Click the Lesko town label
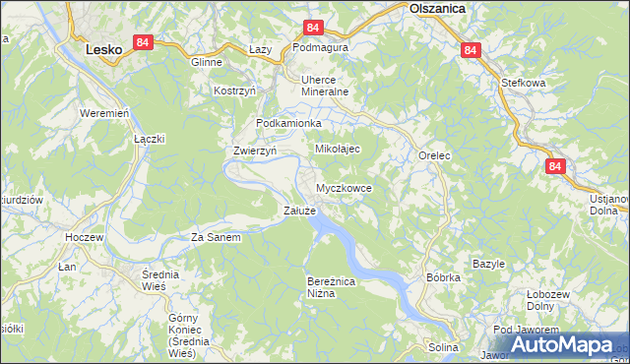click(x=103, y=46)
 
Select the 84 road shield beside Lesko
click(x=144, y=42)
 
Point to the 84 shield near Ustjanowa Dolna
click(x=555, y=167)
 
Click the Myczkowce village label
click(x=344, y=187)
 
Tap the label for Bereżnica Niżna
click(x=328, y=286)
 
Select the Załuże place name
click(x=299, y=211)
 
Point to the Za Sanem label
click(x=216, y=237)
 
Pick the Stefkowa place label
click(x=523, y=84)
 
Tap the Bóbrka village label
click(x=443, y=277)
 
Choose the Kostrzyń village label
click(x=235, y=91)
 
